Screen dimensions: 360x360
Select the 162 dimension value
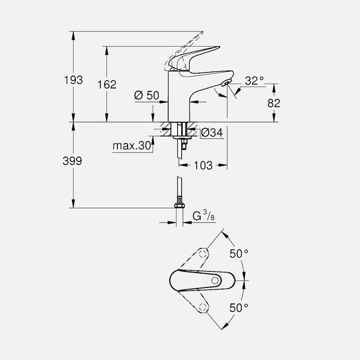coord(106,84)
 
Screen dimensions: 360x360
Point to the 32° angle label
coord(254,80)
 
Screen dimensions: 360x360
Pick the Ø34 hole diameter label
coord(211,132)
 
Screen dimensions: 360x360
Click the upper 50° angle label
coord(239,253)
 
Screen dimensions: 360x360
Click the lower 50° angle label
coord(239,307)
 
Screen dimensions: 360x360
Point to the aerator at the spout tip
coord(226,83)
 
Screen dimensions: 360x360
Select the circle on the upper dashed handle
coord(202,254)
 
